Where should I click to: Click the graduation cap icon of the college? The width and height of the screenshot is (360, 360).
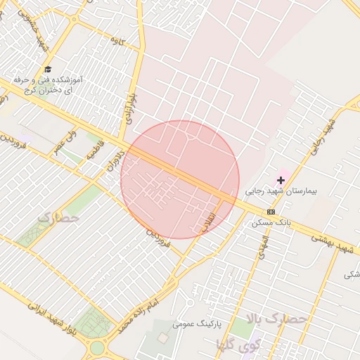(48, 69)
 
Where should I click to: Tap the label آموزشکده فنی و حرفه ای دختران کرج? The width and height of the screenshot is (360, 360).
(53, 86)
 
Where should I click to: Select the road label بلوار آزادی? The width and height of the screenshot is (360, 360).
(131, 102)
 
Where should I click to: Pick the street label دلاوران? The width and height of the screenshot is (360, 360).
(115, 160)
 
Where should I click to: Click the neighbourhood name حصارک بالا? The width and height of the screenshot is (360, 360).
(283, 319)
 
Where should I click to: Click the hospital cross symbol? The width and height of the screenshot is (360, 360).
(281, 181)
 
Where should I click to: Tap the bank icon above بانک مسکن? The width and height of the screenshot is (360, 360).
(271, 212)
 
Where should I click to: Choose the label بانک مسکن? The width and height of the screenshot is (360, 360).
(271, 222)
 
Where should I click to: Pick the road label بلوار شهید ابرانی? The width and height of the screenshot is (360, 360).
(51, 317)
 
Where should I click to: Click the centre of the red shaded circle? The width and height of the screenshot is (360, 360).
(180, 179)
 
